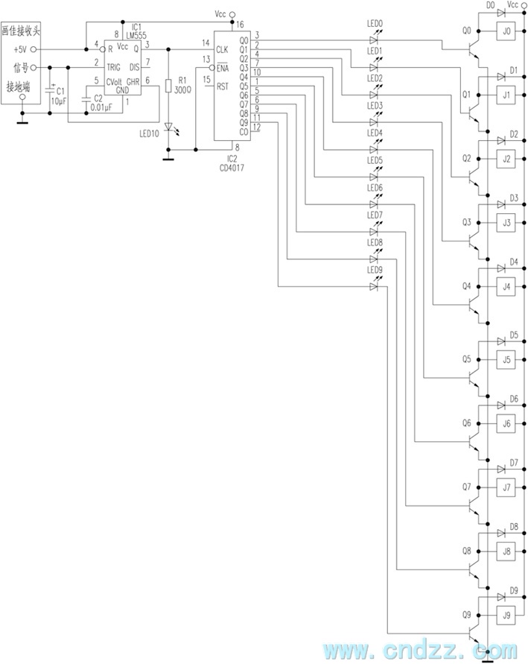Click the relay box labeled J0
point(507,32)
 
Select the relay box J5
point(507,360)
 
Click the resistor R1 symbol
point(170,84)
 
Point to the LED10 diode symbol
point(170,128)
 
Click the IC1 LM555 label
point(135,31)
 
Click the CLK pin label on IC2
point(222,50)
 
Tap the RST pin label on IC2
point(222,87)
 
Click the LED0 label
point(375,24)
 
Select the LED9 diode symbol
point(374,285)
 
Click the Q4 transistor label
point(466,286)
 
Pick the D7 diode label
point(514,463)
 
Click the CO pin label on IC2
point(244,133)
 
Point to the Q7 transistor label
point(466,487)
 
